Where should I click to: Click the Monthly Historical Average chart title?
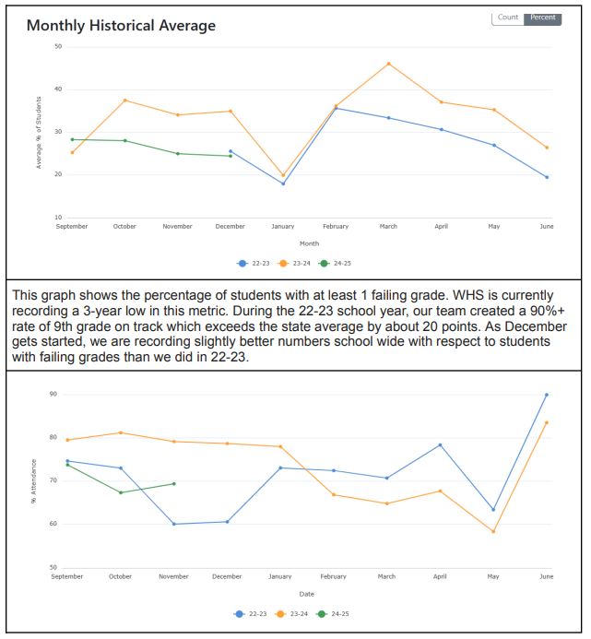tap(121, 26)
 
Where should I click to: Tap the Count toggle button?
tap(508, 18)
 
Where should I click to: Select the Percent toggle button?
tap(542, 18)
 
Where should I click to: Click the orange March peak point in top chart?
tap(388, 64)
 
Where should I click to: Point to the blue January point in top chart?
tap(283, 183)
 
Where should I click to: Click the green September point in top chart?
tap(73, 139)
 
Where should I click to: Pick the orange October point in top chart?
tap(124, 101)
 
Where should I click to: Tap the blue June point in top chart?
tap(547, 177)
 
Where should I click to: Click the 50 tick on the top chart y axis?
tap(58, 46)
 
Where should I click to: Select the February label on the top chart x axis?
tap(336, 226)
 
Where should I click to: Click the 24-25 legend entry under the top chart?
tap(335, 264)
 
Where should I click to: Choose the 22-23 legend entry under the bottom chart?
tap(250, 613)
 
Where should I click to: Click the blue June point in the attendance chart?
tap(546, 395)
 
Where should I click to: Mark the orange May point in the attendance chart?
tap(493, 531)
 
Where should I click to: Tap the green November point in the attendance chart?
tap(174, 484)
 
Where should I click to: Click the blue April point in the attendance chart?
tap(440, 444)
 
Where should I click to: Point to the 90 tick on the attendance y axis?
tap(53, 394)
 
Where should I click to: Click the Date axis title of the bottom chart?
tap(306, 594)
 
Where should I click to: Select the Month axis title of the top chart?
tap(309, 243)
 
